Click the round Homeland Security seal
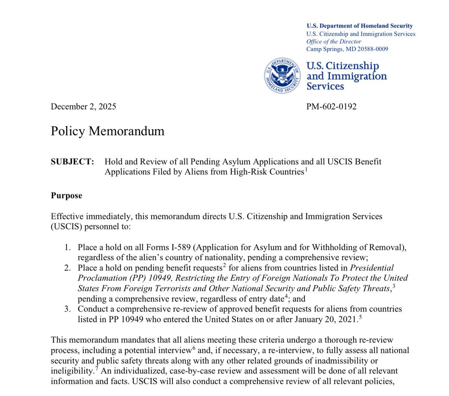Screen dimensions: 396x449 283,77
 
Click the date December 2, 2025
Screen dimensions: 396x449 83,107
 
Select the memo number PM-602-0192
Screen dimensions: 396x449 332,107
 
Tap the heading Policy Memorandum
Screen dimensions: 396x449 108,131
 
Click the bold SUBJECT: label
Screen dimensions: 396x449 72,162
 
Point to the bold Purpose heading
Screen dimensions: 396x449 67,196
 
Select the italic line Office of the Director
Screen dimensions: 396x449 334,42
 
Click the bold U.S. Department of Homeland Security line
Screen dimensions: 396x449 360,26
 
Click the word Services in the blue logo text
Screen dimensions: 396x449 325,86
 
